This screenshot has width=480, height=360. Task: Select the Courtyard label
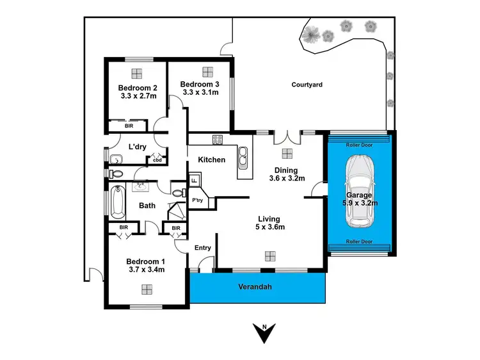[307, 85]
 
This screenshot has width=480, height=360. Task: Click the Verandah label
[256, 287]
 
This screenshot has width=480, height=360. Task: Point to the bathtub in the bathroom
[116, 201]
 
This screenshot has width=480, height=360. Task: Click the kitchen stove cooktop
[217, 142]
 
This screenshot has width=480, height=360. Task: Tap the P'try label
[197, 200]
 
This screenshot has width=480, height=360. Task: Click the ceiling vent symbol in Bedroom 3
[207, 71]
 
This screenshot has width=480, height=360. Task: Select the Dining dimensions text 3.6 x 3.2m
[286, 178]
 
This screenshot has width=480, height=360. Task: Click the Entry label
[203, 247]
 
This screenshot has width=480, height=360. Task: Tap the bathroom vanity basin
[140, 186]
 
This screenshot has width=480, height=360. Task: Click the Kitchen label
[211, 160]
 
